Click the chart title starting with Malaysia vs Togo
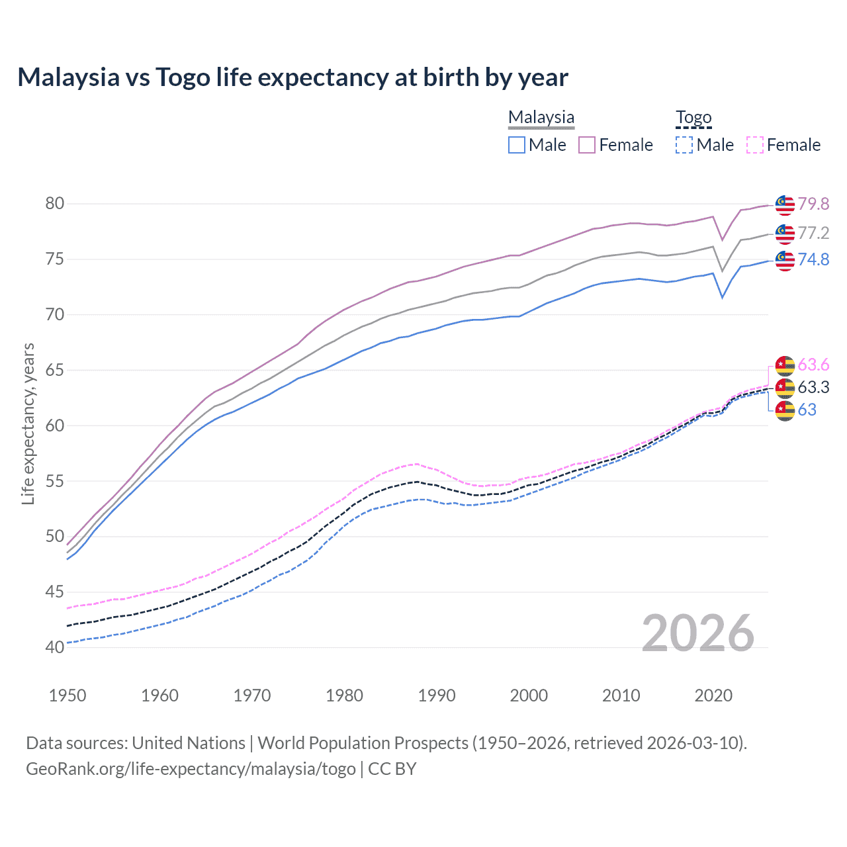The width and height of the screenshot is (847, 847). [x=292, y=77]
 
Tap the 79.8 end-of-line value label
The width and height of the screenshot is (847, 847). [x=813, y=204]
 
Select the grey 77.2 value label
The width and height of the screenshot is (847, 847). [x=813, y=233]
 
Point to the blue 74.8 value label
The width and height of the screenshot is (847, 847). [x=813, y=259]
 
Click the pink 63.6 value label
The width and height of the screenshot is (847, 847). [x=813, y=365]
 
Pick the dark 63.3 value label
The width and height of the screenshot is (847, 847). [x=813, y=387]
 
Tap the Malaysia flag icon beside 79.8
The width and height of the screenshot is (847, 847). [x=785, y=205]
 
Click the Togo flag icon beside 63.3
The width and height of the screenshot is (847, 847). [x=785, y=388]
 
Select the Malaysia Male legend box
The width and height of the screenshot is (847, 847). [x=517, y=145]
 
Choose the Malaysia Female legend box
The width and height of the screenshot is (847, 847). [x=587, y=145]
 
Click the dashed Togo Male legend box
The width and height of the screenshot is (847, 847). [x=684, y=145]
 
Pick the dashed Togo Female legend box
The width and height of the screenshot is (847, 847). [x=755, y=145]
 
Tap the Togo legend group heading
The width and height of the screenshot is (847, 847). [x=693, y=118]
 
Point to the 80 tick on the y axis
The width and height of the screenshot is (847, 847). [x=55, y=203]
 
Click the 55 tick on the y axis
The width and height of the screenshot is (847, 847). [x=55, y=481]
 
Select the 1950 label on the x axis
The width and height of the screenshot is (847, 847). [x=67, y=695]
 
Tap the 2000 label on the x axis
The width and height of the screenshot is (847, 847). [x=529, y=695]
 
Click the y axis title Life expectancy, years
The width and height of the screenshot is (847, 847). [x=28, y=423]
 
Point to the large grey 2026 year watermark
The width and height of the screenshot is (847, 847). [x=698, y=633]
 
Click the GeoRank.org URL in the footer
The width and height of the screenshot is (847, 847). [x=191, y=769]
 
